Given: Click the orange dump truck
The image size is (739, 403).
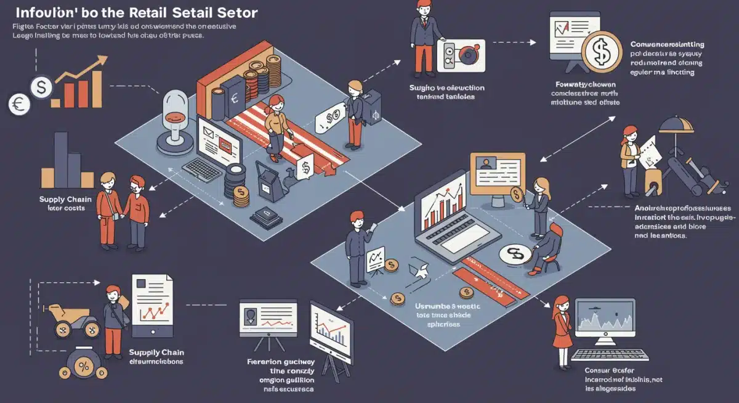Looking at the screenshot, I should point(72,315).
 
